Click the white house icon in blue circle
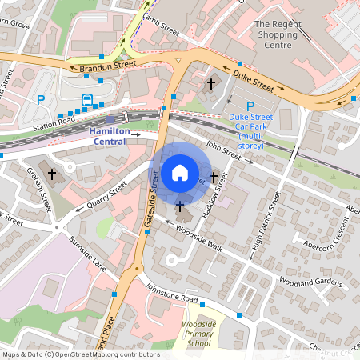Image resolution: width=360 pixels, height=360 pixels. coord(180,172)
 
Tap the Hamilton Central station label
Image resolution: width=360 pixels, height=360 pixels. coord(112,135)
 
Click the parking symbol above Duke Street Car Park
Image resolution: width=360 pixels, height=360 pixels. coord(250,106)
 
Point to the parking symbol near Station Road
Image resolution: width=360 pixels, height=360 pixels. coord(41,100)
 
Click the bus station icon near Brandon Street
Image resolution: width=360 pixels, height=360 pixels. coord(87,101)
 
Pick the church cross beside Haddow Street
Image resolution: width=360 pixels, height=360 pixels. coord(214,176)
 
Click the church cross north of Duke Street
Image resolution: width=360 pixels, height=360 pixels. coord(212,82)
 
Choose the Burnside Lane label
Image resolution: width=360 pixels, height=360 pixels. coord(87,250)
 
